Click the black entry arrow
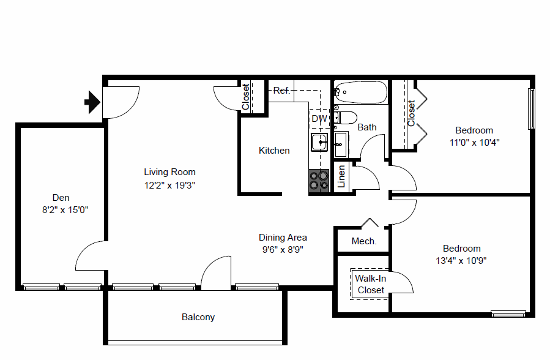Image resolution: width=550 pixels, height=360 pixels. pyautogui.click(x=92, y=102)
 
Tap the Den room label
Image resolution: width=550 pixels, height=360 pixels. pyautogui.click(x=61, y=197)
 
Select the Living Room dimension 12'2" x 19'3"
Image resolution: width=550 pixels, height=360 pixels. pyautogui.click(x=169, y=184)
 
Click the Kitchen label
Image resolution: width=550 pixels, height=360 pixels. pyautogui.click(x=274, y=151)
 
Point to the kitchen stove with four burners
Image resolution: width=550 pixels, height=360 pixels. pyautogui.click(x=319, y=180)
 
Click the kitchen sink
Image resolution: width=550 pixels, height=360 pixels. pyautogui.click(x=319, y=142)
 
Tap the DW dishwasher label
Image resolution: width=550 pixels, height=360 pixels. pyautogui.click(x=319, y=118)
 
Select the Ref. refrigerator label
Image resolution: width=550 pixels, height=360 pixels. pyautogui.click(x=281, y=91)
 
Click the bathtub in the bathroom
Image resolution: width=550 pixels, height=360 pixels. pyautogui.click(x=361, y=92)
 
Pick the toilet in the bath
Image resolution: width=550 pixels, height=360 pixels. pyautogui.click(x=346, y=117)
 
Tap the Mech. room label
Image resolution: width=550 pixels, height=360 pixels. pyautogui.click(x=364, y=241)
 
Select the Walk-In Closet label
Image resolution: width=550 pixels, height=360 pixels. pyautogui.click(x=371, y=284)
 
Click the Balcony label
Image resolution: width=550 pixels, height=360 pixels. pyautogui.click(x=198, y=317)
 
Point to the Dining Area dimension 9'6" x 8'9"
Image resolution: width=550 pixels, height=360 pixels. pyautogui.click(x=283, y=249)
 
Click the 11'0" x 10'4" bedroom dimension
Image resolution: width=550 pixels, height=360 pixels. pyautogui.click(x=474, y=142)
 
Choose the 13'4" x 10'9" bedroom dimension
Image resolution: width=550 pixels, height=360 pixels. pyautogui.click(x=462, y=260)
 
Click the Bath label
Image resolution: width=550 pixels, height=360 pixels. pyautogui.click(x=367, y=127)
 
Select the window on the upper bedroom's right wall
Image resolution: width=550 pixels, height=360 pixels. pyautogui.click(x=532, y=109)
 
